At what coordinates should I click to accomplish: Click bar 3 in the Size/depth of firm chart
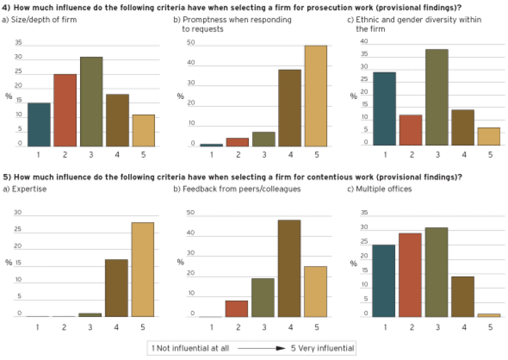click(x=91, y=102)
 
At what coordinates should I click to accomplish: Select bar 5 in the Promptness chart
click(x=316, y=96)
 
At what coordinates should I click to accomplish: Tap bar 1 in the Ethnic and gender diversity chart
click(x=385, y=109)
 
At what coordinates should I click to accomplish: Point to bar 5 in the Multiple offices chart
click(x=488, y=315)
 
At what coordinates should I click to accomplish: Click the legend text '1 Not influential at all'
click(x=182, y=348)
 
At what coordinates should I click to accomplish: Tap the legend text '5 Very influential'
click(x=321, y=348)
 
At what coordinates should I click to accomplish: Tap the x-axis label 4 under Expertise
click(x=117, y=327)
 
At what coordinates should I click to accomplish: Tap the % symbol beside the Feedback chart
click(x=180, y=262)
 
